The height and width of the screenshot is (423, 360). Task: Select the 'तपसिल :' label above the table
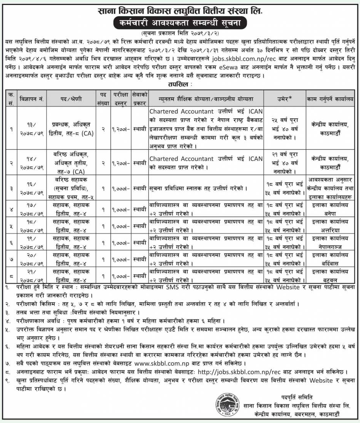(x=180, y=83)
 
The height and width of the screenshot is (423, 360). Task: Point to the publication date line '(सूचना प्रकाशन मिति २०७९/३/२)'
(x=180, y=34)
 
